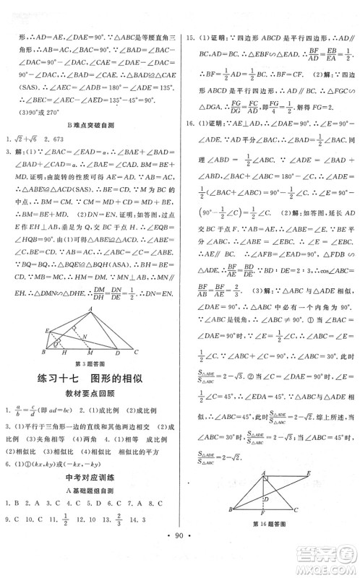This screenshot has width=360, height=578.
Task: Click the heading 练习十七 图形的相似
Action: (x=92, y=400)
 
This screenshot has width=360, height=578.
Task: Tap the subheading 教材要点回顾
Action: (x=92, y=417)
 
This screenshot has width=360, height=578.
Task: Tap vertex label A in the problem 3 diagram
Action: (x=93, y=307)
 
